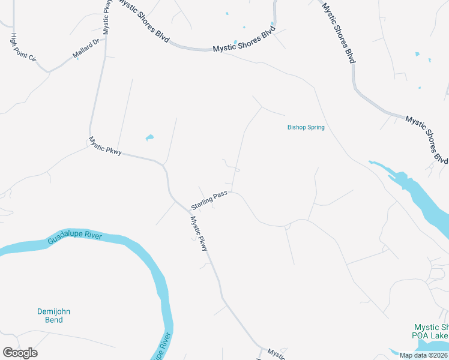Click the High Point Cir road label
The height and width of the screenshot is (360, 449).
(24, 48)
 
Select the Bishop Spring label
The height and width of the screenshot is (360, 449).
(306, 127)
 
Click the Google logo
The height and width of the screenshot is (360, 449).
(20, 352)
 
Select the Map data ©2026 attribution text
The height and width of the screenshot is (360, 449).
(423, 355)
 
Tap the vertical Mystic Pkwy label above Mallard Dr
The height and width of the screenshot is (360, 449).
(107, 17)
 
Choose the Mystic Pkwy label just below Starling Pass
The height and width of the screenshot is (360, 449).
(199, 233)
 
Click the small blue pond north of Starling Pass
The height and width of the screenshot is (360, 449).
(149, 138)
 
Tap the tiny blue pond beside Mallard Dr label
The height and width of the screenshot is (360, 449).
(77, 58)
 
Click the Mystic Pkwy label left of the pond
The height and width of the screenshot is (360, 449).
(105, 146)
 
